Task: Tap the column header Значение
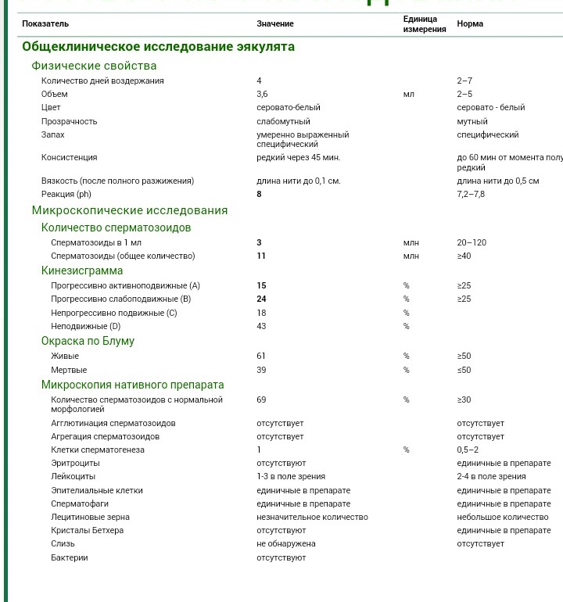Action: pyautogui.click(x=275, y=24)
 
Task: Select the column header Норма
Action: pyautogui.click(x=470, y=24)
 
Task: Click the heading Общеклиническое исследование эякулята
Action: pyautogui.click(x=158, y=47)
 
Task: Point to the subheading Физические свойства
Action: pyautogui.click(x=94, y=66)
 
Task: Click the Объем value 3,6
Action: pyautogui.click(x=262, y=94)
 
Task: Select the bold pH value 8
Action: pyautogui.click(x=259, y=194)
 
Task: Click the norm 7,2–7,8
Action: pyautogui.click(x=471, y=194)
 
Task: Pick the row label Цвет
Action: pyautogui.click(x=51, y=107)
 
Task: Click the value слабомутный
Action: pyautogui.click(x=283, y=121)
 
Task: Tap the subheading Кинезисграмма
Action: pyautogui.click(x=82, y=271)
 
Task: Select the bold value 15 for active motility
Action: pyautogui.click(x=261, y=285)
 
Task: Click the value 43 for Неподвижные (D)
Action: pyautogui.click(x=261, y=326)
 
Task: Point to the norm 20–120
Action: pyautogui.click(x=472, y=242)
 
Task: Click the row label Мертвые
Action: pyautogui.click(x=69, y=370)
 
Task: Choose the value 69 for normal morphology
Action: pyautogui.click(x=261, y=400)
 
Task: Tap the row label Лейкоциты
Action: pyautogui.click(x=74, y=476)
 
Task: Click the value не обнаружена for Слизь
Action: pyautogui.click(x=285, y=543)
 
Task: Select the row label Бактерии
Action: pyautogui.click(x=70, y=557)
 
